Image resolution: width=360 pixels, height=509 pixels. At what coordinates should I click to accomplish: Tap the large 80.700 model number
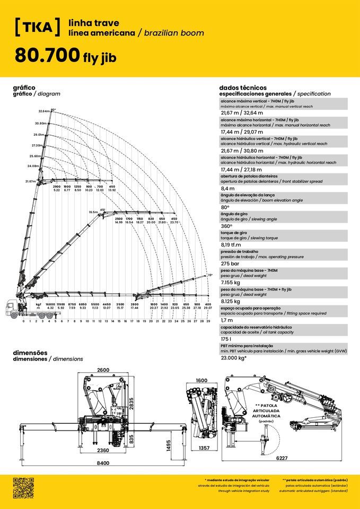[47, 55]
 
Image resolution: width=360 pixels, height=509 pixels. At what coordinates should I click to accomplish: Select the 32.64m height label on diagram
[44, 111]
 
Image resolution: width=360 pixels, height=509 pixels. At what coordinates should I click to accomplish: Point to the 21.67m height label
[31, 181]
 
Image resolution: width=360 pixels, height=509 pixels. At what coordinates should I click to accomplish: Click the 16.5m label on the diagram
[93, 212]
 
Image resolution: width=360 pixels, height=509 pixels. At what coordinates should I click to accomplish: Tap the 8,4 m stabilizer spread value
[227, 188]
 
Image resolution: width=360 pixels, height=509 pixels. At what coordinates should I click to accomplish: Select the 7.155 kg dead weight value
[231, 282]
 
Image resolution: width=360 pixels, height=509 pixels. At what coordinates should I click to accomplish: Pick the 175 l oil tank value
[226, 339]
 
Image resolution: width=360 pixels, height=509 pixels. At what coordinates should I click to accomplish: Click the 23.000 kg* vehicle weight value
[234, 358]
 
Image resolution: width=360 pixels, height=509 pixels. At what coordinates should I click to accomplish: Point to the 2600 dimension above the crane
[104, 370]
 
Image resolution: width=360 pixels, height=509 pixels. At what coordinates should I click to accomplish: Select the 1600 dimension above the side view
[201, 380]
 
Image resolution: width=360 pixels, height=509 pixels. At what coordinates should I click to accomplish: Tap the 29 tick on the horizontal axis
[208, 321]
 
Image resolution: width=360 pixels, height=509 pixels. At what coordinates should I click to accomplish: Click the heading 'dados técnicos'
[242, 87]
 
